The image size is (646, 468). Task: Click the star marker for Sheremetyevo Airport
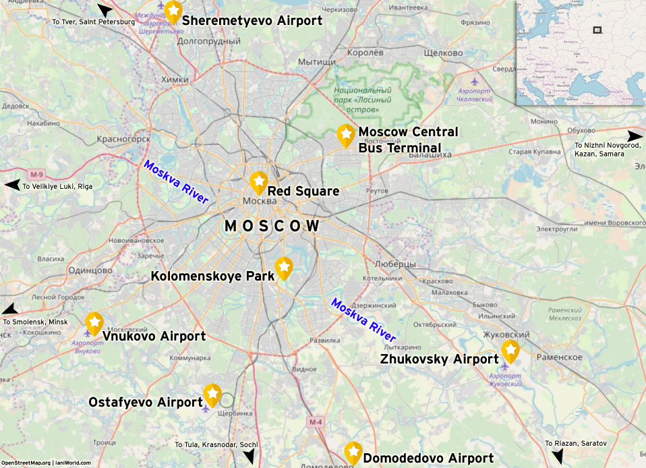tap(173, 11)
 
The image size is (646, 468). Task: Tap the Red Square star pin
tap(258, 181)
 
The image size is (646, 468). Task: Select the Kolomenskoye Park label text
tap(212, 276)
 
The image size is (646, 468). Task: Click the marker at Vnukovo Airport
tap(94, 322)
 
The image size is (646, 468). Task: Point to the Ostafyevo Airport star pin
tap(212, 394)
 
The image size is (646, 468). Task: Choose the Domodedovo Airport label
tap(428, 459)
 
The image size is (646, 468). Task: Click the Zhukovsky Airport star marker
tap(510, 350)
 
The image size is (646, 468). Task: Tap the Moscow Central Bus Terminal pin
tap(346, 134)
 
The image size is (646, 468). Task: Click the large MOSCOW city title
tap(272, 227)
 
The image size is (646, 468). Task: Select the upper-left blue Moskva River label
tap(176, 182)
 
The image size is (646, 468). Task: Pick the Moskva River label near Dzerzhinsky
tap(363, 319)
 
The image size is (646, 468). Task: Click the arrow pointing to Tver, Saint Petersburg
tap(105, 10)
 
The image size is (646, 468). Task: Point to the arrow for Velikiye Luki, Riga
tap(12, 185)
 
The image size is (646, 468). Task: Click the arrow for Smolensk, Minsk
tap(9, 310)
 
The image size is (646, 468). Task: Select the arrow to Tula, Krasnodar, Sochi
tap(249, 457)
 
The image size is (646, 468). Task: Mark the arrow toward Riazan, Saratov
tap(557, 457)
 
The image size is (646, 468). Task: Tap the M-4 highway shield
tap(316, 422)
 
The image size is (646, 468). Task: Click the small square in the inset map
tap(596, 30)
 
